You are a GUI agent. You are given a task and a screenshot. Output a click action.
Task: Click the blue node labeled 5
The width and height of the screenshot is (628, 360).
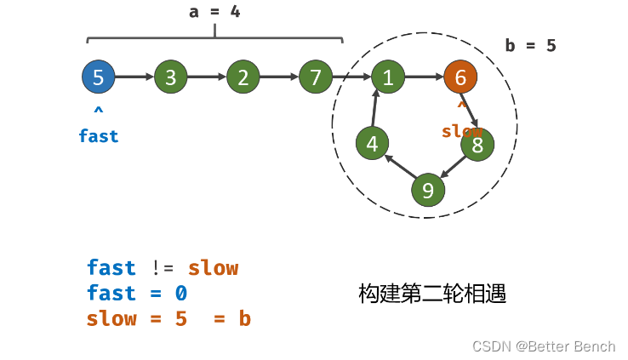click(98, 77)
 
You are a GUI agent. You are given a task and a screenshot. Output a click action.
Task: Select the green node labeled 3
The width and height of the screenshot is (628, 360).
click(170, 77)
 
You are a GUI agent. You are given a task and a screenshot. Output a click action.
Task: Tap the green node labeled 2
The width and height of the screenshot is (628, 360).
click(243, 77)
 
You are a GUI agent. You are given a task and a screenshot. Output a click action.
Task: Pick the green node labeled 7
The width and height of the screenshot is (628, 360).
click(316, 77)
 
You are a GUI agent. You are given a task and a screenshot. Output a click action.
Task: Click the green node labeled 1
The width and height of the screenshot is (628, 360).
click(388, 77)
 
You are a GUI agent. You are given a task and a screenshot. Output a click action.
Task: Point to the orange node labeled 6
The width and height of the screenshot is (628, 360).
click(460, 77)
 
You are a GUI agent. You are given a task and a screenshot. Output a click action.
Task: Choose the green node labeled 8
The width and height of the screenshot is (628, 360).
click(477, 145)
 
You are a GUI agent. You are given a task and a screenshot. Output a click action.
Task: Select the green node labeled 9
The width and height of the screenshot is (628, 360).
click(428, 189)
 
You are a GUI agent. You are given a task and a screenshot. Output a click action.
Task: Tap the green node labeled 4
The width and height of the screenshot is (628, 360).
click(372, 144)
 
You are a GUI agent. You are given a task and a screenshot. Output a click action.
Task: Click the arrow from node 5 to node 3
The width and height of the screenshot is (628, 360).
click(134, 77)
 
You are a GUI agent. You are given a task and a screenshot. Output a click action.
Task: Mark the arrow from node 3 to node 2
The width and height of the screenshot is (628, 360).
click(207, 77)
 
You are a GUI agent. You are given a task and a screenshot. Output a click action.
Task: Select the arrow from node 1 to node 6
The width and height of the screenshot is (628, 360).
click(424, 77)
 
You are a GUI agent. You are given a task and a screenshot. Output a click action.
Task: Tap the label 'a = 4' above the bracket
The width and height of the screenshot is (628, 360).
click(214, 13)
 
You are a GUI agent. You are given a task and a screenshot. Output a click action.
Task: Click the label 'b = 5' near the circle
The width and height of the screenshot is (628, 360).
click(530, 45)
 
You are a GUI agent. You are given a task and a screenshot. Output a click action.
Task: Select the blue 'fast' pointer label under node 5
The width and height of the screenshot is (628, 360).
click(99, 136)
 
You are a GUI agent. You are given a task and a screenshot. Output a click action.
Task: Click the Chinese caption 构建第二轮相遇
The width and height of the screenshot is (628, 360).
click(432, 294)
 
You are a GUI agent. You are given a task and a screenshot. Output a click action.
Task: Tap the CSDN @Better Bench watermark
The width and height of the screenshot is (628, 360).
click(544, 346)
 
